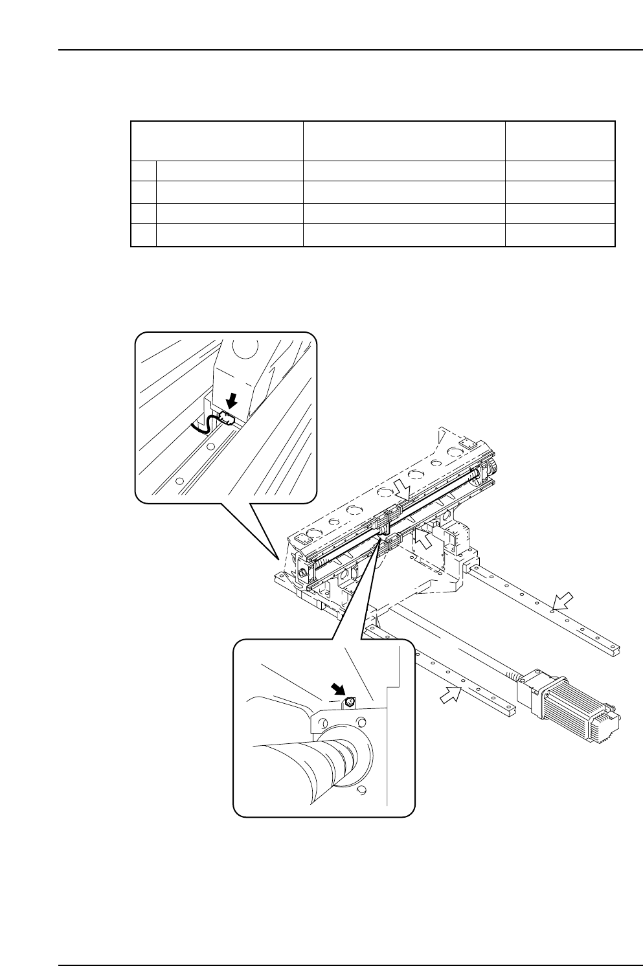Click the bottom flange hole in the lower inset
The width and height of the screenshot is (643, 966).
(x=362, y=789)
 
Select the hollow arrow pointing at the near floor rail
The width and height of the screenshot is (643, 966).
(x=451, y=695)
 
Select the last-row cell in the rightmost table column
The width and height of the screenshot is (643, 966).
(x=559, y=236)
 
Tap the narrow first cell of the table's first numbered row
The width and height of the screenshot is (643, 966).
(x=143, y=172)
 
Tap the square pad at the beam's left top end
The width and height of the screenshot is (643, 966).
(x=300, y=539)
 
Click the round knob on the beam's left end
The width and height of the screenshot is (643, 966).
(x=302, y=574)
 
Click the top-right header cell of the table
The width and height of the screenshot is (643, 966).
(x=559, y=140)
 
